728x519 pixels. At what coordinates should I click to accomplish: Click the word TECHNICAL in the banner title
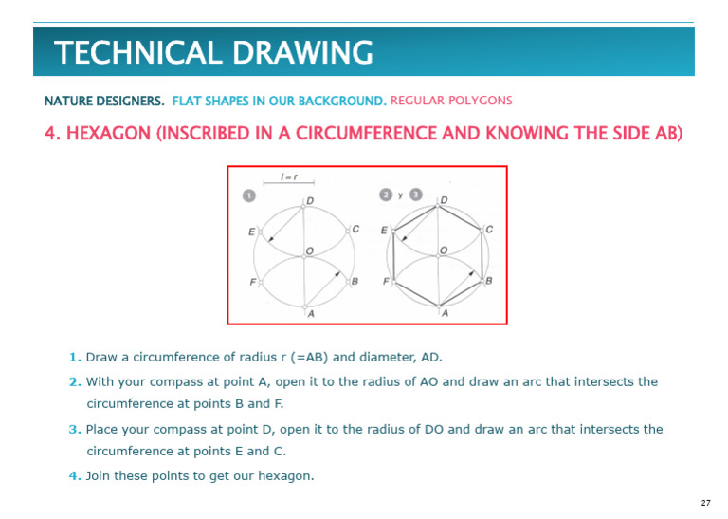pyautogui.click(x=130, y=53)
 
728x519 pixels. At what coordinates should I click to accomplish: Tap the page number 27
pyautogui.click(x=705, y=502)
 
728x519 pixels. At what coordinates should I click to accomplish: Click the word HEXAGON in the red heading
pyautogui.click(x=106, y=133)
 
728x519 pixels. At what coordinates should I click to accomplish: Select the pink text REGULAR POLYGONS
pyautogui.click(x=451, y=101)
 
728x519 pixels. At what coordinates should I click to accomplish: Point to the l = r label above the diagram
pyautogui.click(x=289, y=176)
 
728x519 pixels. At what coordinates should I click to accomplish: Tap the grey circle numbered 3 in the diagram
pyautogui.click(x=414, y=195)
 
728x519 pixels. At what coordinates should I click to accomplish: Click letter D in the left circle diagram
pyautogui.click(x=310, y=200)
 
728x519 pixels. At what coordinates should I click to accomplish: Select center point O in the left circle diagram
pyautogui.click(x=310, y=250)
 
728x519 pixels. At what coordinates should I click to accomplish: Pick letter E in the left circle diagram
pyautogui.click(x=251, y=231)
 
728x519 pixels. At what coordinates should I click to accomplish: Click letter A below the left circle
pyautogui.click(x=310, y=314)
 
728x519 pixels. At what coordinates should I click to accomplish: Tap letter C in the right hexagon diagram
pyautogui.click(x=489, y=230)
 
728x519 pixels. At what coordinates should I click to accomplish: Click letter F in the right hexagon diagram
pyautogui.click(x=386, y=282)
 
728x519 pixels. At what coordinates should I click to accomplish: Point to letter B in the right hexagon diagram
pyautogui.click(x=489, y=282)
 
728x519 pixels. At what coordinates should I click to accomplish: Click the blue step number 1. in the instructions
pyautogui.click(x=74, y=358)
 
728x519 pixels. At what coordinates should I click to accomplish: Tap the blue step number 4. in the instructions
pyautogui.click(x=74, y=476)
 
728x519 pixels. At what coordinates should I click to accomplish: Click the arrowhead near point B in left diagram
pyautogui.click(x=337, y=274)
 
